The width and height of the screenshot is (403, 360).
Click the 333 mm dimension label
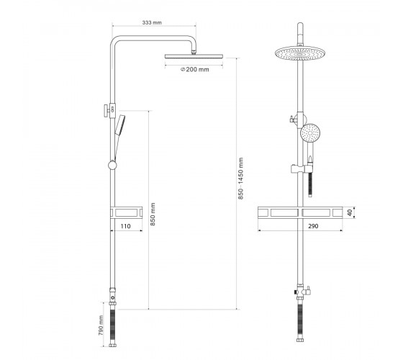coord(152,22)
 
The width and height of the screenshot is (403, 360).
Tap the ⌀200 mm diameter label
coord(195,69)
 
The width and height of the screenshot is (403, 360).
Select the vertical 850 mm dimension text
coord(153,215)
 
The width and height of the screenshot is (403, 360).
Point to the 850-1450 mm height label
coord(240,179)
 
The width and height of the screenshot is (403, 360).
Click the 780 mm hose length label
coord(101,325)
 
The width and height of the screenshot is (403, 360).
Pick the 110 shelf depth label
coord(125,226)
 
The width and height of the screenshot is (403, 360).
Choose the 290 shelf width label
coord(313,226)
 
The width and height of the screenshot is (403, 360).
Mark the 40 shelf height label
coord(350,212)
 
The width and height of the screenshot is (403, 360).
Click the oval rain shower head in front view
coord(300,53)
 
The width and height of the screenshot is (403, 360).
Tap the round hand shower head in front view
coord(310,133)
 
